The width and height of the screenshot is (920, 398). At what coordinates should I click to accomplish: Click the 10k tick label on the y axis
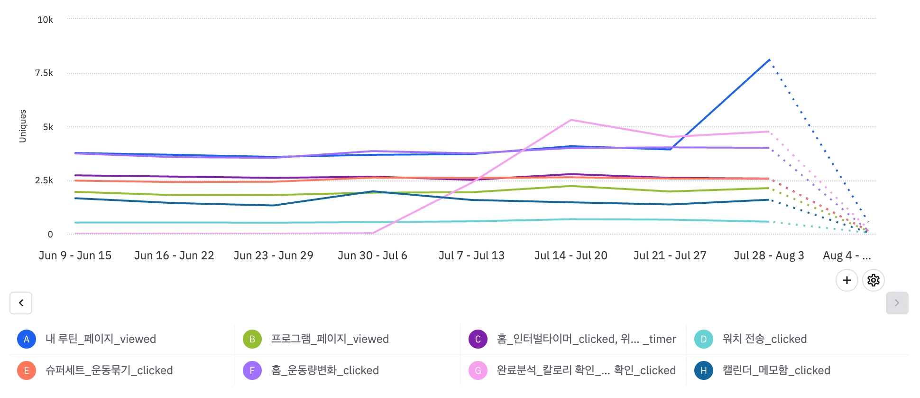(x=45, y=19)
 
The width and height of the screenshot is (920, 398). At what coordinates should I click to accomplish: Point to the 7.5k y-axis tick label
(x=44, y=73)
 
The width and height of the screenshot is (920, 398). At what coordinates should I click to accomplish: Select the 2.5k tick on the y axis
(x=44, y=180)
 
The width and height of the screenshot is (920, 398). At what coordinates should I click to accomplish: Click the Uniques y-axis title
(x=22, y=126)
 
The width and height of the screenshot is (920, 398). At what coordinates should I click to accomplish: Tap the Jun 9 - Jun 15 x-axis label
(x=75, y=256)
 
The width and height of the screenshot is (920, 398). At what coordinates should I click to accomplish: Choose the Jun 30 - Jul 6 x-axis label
(x=372, y=256)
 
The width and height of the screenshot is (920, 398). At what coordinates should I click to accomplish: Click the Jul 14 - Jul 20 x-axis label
(x=570, y=256)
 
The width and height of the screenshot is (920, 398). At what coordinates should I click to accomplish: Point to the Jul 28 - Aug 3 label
(x=769, y=256)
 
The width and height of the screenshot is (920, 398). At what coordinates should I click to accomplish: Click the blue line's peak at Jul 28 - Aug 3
(x=769, y=60)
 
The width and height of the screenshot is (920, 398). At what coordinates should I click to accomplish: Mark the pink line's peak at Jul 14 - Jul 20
(x=571, y=120)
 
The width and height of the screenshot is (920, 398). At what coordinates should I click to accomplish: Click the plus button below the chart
(x=846, y=280)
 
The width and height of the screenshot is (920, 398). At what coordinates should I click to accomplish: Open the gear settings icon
(x=873, y=280)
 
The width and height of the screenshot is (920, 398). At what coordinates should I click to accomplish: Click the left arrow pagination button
(x=21, y=303)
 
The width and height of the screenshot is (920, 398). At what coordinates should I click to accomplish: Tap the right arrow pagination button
(x=897, y=303)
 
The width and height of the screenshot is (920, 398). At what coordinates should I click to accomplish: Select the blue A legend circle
(x=27, y=339)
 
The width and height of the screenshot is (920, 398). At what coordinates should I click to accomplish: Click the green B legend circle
(x=252, y=339)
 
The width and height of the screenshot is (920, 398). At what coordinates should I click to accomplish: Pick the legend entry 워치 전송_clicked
(x=764, y=339)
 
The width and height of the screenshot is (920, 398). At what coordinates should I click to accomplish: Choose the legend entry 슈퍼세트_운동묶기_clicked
(x=109, y=370)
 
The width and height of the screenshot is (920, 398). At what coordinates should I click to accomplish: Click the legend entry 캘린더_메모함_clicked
(x=776, y=370)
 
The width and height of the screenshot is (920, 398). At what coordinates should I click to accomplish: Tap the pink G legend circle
(x=478, y=370)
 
